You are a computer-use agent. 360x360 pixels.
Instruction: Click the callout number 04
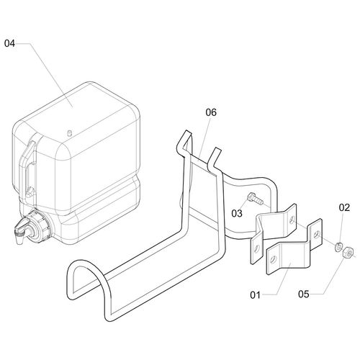pyautogui.click(x=9, y=43)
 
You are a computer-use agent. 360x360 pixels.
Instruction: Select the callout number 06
pyautogui.click(x=211, y=112)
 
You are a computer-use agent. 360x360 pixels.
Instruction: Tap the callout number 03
pyautogui.click(x=237, y=213)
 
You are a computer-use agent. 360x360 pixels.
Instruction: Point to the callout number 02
pyautogui.click(x=344, y=207)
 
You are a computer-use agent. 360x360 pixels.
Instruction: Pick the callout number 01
pyautogui.click(x=255, y=295)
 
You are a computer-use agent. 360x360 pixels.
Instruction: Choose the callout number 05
pyautogui.click(x=304, y=294)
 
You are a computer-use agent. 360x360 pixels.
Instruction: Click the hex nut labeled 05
pyautogui.click(x=348, y=253)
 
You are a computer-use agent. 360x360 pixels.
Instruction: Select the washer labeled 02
pyautogui.click(x=338, y=246)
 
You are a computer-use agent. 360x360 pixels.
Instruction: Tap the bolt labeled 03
pyautogui.click(x=255, y=199)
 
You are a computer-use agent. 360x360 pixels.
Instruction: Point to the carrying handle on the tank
pyautogui.click(x=28, y=166)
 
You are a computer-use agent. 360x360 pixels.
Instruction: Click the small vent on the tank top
pyautogui.click(x=70, y=132)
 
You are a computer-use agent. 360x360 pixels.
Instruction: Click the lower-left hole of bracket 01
pyautogui.click(x=274, y=259)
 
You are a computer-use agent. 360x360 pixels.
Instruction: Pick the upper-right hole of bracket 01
pyautogui.click(x=316, y=233)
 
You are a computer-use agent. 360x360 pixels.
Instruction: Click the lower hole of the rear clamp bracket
pyautogui.click(x=257, y=249)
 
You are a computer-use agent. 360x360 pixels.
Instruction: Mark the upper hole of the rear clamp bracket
pyautogui.click(x=292, y=219)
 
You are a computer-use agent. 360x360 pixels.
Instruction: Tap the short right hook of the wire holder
pyautogui.click(x=215, y=157)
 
